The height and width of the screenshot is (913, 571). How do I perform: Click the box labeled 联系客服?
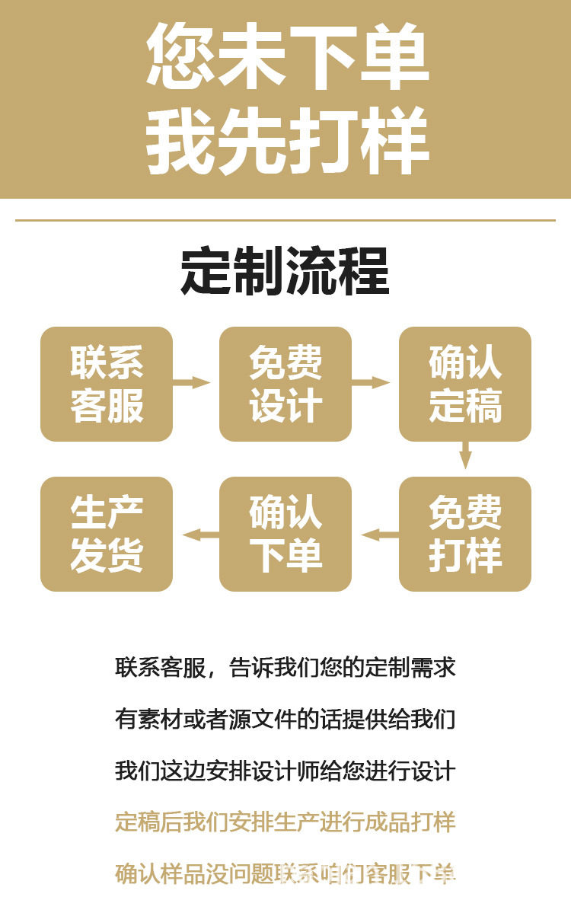(107, 384)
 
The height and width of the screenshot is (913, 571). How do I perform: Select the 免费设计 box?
(285, 384)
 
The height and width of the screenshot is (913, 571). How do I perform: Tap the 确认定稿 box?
(465, 384)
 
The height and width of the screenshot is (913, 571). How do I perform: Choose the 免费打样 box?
(465, 534)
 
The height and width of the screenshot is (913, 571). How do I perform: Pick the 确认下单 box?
(285, 534)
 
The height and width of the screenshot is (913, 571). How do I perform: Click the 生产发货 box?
(107, 534)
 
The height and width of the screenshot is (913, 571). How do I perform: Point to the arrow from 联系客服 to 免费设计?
(193, 382)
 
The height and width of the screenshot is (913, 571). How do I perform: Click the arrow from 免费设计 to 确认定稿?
(373, 382)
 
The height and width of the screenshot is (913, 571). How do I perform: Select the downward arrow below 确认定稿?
(465, 457)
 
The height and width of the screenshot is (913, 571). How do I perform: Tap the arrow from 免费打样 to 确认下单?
(378, 535)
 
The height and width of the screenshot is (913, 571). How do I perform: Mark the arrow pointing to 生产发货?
(198, 535)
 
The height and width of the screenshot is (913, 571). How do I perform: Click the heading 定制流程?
(285, 271)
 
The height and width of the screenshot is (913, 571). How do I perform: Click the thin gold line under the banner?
(285, 221)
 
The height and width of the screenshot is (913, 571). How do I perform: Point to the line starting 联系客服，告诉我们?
(285, 668)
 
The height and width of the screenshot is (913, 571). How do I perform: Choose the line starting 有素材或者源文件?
(285, 719)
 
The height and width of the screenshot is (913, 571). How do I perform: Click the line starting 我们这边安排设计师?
(285, 771)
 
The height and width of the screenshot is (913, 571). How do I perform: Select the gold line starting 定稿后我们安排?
(285, 822)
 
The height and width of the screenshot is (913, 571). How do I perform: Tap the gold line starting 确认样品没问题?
(285, 873)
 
